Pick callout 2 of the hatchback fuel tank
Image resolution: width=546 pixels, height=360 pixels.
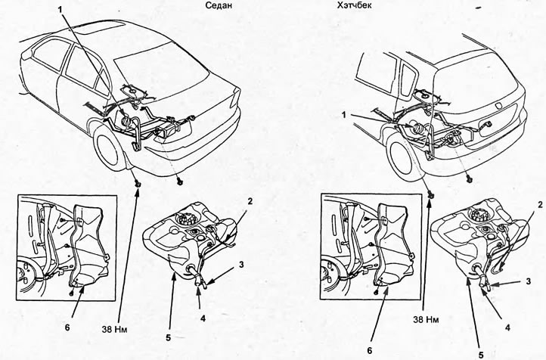(x=539, y=204)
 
